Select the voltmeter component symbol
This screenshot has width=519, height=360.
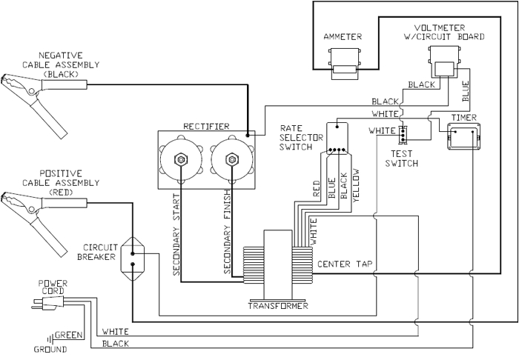pyautogui.click(x=443, y=64)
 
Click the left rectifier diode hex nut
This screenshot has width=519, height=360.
pyautogui.click(x=179, y=159)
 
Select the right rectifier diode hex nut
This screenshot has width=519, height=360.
pyautogui.click(x=229, y=159)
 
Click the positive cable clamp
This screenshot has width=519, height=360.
pyautogui.click(x=30, y=211)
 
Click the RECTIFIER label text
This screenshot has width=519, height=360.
pyautogui.click(x=206, y=127)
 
